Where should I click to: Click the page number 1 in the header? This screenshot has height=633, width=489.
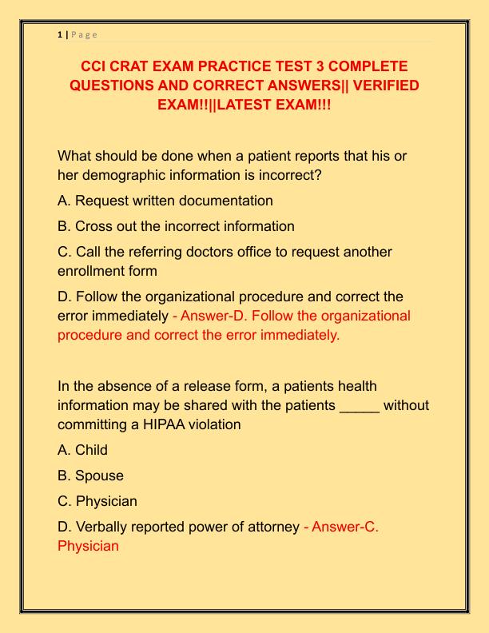(x=60, y=34)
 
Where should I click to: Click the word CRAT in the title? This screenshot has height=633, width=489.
(x=141, y=66)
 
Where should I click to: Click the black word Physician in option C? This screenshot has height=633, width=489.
(x=107, y=501)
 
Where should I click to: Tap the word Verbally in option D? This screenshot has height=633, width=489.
(x=104, y=527)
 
